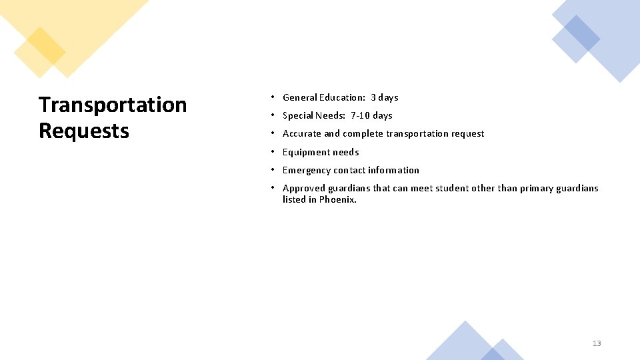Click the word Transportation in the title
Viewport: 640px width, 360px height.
pos(113,105)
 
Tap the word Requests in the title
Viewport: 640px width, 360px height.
pos(84,131)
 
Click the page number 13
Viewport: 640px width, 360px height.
pos(596,343)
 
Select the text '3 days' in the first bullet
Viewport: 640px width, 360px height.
pos(385,97)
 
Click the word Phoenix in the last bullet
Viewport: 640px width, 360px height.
pos(337,199)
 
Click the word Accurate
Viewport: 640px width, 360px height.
pos(302,133)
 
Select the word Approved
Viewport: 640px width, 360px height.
pos(304,188)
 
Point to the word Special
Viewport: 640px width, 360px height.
pos(297,115)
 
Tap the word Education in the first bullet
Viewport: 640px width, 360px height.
pos(342,97)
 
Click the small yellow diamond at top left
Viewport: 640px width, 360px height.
pos(39,52)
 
